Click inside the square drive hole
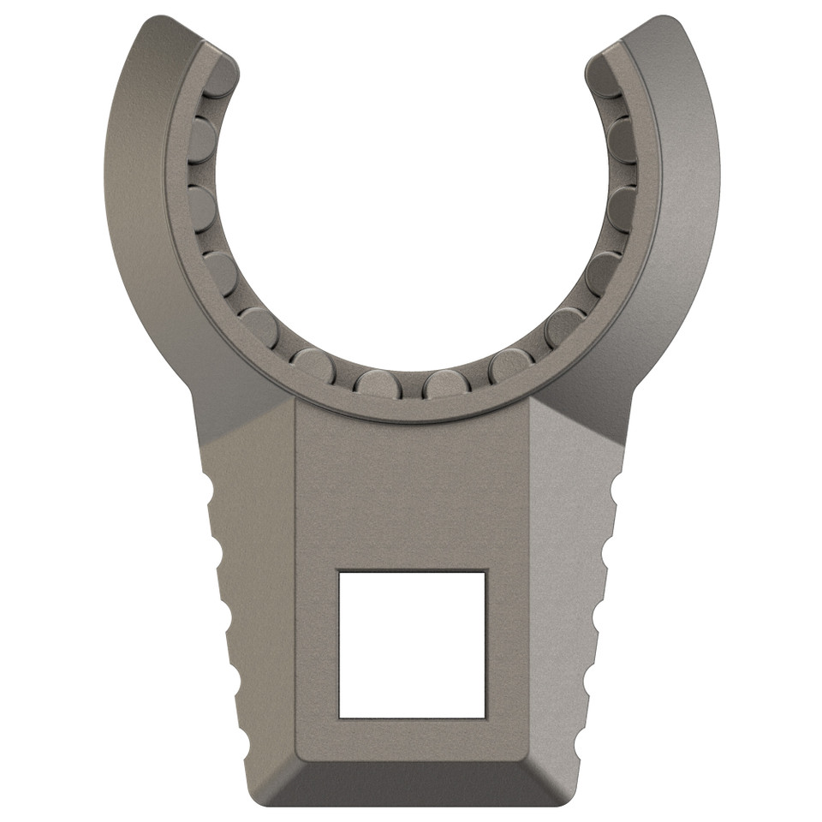pyautogui.click(x=412, y=644)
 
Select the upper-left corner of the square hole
pyautogui.click(x=340, y=572)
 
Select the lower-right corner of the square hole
pyautogui.click(x=485, y=717)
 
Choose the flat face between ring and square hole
pyautogui.click(x=412, y=488)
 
